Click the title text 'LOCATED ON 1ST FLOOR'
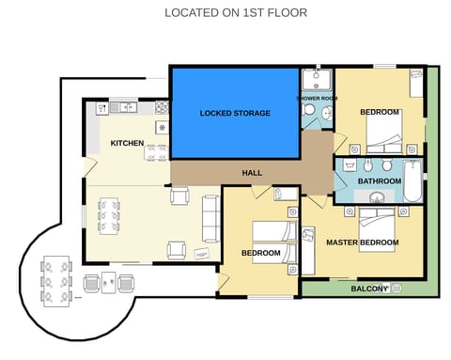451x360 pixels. pos(235,13)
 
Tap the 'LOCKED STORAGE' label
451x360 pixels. pos(235,113)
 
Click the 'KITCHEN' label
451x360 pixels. pos(127,143)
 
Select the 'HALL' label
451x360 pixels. pos(252,173)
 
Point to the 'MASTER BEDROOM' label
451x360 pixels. pos(362,243)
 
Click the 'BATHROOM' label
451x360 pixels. pos(380,180)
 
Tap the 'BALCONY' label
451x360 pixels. pos(369,289)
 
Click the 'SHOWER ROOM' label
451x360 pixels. pos(317,98)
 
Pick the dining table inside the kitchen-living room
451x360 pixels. pos(109,215)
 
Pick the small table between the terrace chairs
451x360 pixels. pos(109,280)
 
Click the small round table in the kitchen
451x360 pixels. pos(162,127)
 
